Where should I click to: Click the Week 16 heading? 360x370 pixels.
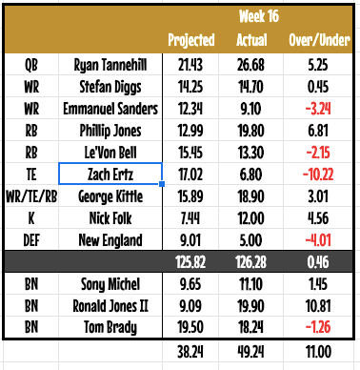click(250, 16)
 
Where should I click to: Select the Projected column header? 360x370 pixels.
click(190, 41)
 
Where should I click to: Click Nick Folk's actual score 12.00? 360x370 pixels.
click(250, 218)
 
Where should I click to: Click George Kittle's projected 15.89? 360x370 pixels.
click(190, 196)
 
